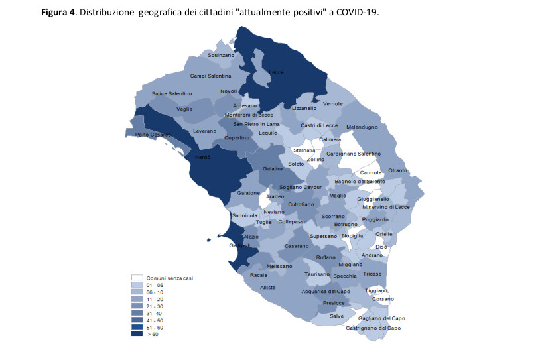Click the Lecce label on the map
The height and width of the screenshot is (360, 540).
(276, 72)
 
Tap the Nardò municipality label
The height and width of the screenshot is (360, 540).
(202, 158)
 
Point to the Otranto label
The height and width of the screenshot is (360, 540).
(397, 170)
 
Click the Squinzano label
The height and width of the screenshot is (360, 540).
(221, 56)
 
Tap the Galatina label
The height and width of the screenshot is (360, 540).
(273, 169)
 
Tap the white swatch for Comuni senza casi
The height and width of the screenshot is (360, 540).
(137, 278)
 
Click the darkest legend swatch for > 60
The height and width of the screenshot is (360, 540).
(137, 334)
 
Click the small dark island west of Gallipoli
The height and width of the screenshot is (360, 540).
(208, 239)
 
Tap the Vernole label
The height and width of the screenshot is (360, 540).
(332, 104)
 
